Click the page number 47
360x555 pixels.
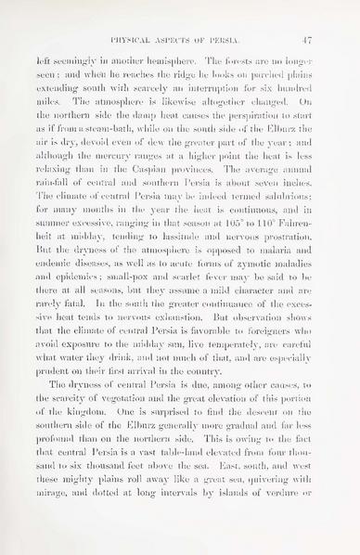(330, 40)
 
